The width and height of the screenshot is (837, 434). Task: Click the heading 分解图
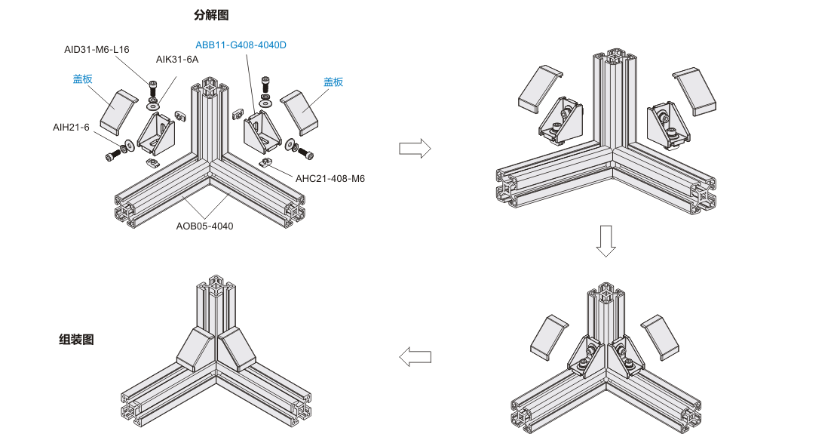210,14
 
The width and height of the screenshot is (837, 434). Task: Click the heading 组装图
76,340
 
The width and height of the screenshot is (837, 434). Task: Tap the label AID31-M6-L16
97,50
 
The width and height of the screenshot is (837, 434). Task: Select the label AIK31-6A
177,60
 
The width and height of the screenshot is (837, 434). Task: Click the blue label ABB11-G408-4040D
241,45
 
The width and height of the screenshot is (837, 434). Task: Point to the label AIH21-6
71,127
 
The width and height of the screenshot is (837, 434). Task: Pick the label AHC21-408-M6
330,179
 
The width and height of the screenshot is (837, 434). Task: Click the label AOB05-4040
205,225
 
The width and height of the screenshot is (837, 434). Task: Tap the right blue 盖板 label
333,82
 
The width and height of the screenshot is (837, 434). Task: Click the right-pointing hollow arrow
415,148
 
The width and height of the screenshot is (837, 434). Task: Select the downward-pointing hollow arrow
606,240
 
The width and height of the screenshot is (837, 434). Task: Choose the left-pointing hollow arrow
415,356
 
